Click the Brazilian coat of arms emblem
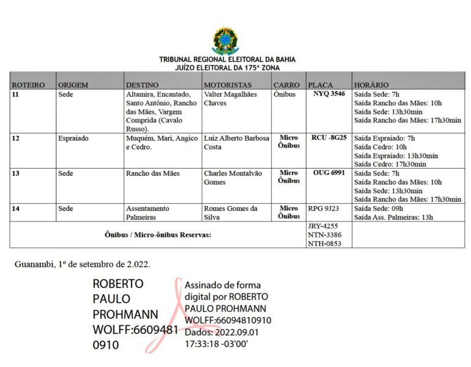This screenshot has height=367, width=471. [226, 40]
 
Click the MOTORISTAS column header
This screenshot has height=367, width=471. [228, 85]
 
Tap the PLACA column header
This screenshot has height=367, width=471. [321, 85]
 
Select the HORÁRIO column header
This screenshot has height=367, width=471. [371, 85]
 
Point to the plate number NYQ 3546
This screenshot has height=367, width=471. [329, 94]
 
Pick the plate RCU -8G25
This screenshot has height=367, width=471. [329, 138]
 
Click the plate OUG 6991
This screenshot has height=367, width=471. [329, 173]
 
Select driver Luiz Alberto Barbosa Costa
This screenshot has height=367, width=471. [236, 143]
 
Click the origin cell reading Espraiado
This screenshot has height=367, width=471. [73, 138]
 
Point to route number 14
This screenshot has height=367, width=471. [16, 209]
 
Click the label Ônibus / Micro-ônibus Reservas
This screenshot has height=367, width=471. [158, 235]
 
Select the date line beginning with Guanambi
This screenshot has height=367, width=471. [83, 264]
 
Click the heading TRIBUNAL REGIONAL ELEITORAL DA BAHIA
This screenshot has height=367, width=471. [227, 59]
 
